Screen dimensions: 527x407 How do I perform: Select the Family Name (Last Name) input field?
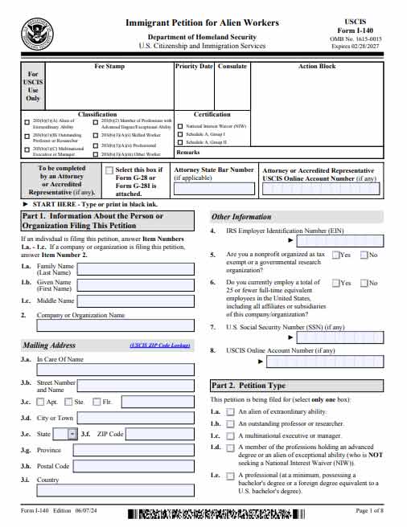(134, 269)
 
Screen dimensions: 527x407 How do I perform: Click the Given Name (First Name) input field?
(134, 285)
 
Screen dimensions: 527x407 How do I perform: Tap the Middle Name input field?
(134, 300)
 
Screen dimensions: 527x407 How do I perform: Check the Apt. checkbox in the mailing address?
(40, 402)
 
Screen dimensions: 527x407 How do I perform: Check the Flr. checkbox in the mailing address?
(97, 402)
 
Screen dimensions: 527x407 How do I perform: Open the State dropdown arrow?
(72, 434)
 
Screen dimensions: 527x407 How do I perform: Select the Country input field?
(116, 480)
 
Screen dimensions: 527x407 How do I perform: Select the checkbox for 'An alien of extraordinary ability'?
(231, 411)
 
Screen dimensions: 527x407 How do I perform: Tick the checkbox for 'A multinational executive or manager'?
(231, 435)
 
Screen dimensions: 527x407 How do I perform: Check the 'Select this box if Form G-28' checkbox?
(109, 170)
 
